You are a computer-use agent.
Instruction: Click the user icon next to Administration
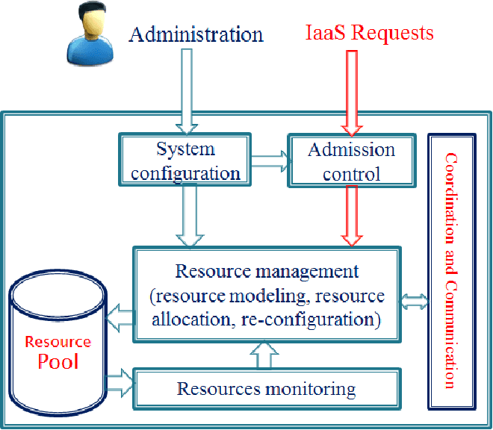coord(87,36)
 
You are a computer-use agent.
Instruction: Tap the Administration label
coord(196,34)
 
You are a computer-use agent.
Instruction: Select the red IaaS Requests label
coord(370,33)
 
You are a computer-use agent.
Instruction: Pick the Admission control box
coord(351,161)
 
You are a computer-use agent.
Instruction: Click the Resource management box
coord(267,295)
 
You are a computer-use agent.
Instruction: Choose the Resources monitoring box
coord(266,389)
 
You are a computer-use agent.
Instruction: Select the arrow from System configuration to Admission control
coord(270,159)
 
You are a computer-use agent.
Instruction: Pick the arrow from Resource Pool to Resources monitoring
coord(120,384)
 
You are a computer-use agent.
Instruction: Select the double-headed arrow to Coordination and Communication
coord(415,301)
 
